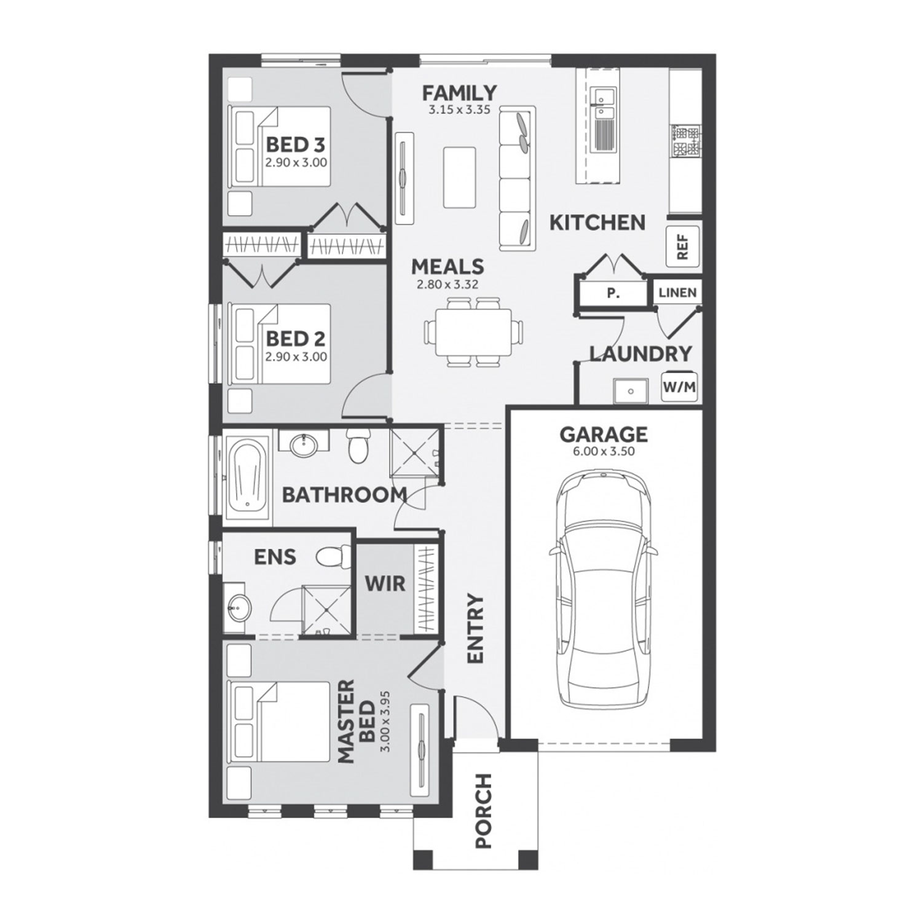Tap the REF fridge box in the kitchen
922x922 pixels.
click(682, 247)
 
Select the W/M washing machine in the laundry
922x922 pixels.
click(679, 387)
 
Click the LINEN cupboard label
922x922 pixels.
click(677, 293)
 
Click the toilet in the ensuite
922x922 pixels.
click(333, 557)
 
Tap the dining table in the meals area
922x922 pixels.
click(473, 332)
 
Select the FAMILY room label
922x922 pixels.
click(459, 93)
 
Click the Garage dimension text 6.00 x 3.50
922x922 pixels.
click(603, 451)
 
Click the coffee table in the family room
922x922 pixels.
click(459, 177)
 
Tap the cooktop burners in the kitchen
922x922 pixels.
click(687, 141)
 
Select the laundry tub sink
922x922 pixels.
click(630, 391)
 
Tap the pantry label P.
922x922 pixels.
click(613, 294)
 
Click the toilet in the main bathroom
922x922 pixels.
click(357, 447)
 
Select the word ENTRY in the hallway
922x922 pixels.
click(476, 628)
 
